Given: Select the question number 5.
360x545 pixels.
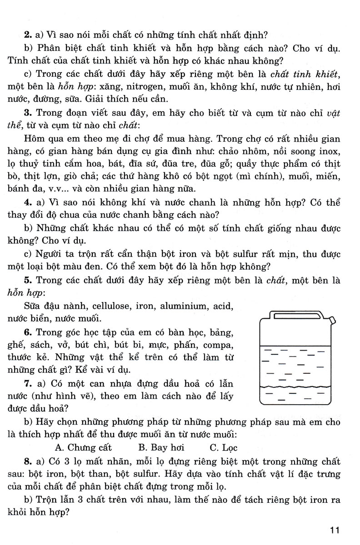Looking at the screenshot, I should (x=28, y=281).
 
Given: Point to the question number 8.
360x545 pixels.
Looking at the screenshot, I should (x=28, y=462).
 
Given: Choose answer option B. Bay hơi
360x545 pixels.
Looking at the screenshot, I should (x=161, y=447).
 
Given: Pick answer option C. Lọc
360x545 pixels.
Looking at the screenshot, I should (x=224, y=447).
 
